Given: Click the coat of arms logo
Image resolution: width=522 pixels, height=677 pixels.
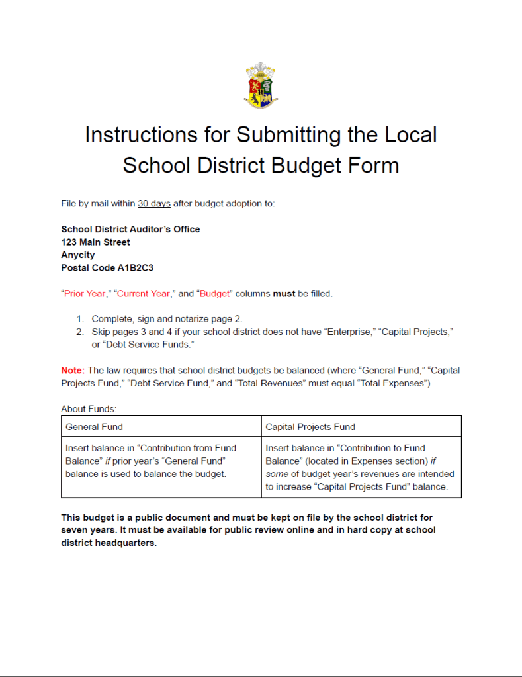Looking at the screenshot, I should click(x=260, y=85).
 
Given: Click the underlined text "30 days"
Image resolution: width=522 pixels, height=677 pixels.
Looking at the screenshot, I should click(x=154, y=203).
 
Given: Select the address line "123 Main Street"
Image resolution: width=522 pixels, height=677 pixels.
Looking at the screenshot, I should click(x=95, y=242).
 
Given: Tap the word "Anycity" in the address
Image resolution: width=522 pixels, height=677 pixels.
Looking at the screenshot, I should click(x=78, y=255).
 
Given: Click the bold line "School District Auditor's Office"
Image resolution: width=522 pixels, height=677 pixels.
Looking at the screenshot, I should click(x=130, y=229).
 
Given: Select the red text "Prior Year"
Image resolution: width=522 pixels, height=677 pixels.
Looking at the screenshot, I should click(x=85, y=293).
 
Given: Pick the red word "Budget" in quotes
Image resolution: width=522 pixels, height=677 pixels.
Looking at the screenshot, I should click(x=215, y=293).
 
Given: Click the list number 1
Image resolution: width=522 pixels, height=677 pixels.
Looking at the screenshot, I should click(x=80, y=318).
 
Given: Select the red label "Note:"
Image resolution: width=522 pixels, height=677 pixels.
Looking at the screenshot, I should click(x=73, y=371).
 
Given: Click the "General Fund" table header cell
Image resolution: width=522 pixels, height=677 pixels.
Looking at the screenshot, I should click(x=161, y=427).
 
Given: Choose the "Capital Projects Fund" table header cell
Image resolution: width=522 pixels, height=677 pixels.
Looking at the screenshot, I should click(x=361, y=427).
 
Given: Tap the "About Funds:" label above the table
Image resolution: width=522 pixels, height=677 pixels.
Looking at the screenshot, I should click(x=89, y=409).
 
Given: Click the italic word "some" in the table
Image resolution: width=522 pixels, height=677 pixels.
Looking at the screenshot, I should click(x=277, y=474).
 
